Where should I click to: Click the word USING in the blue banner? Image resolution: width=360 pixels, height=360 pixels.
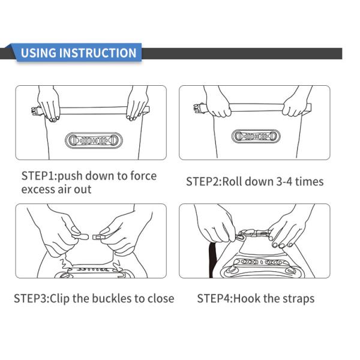pos(38,53)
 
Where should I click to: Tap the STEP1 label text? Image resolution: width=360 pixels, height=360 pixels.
pos(40,176)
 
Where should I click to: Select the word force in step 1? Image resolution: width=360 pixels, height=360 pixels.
pos(143,176)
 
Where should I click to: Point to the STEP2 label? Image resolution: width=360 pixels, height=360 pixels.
pos(204,182)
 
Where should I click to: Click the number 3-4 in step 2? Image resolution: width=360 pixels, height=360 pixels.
pos(284,182)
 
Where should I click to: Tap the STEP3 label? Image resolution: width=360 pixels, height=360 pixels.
pos(32,298)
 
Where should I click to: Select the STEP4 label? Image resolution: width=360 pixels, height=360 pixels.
pos(215,298)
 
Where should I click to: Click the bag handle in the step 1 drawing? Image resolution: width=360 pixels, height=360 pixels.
pos(94,140)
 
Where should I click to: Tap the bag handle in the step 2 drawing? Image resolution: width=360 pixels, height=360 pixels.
pos(256,136)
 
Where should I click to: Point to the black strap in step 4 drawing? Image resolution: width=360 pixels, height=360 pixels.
pos(212,259)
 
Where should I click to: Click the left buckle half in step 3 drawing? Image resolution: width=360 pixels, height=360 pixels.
pos(80,236)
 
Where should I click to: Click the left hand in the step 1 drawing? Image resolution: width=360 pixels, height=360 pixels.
pos(49,103)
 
